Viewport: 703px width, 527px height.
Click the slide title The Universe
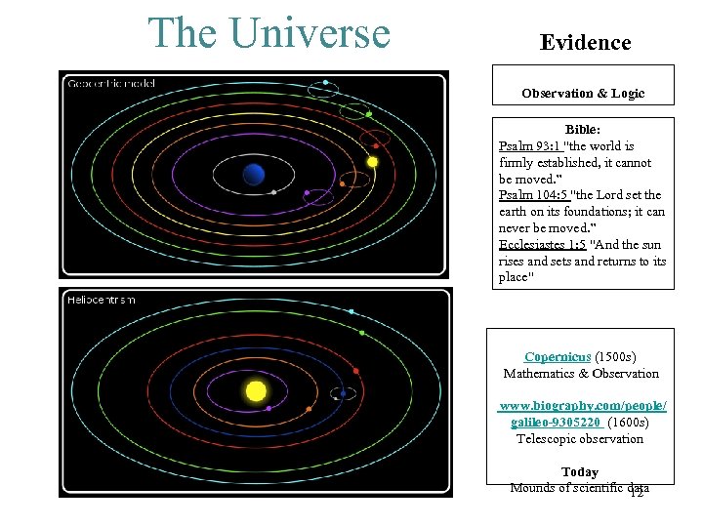click(269, 33)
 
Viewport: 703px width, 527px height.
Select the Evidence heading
click(585, 43)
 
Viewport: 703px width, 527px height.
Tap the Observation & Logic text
click(583, 94)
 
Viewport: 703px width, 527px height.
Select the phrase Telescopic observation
click(580, 439)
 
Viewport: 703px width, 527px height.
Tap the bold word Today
click(580, 472)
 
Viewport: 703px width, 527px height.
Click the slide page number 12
click(637, 493)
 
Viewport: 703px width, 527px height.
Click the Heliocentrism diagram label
click(101, 300)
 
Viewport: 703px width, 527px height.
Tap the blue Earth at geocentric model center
click(254, 175)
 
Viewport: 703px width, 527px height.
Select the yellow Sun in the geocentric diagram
click(371, 162)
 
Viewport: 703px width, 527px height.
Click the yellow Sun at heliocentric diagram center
click(256, 391)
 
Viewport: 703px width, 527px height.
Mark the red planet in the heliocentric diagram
click(356, 371)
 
